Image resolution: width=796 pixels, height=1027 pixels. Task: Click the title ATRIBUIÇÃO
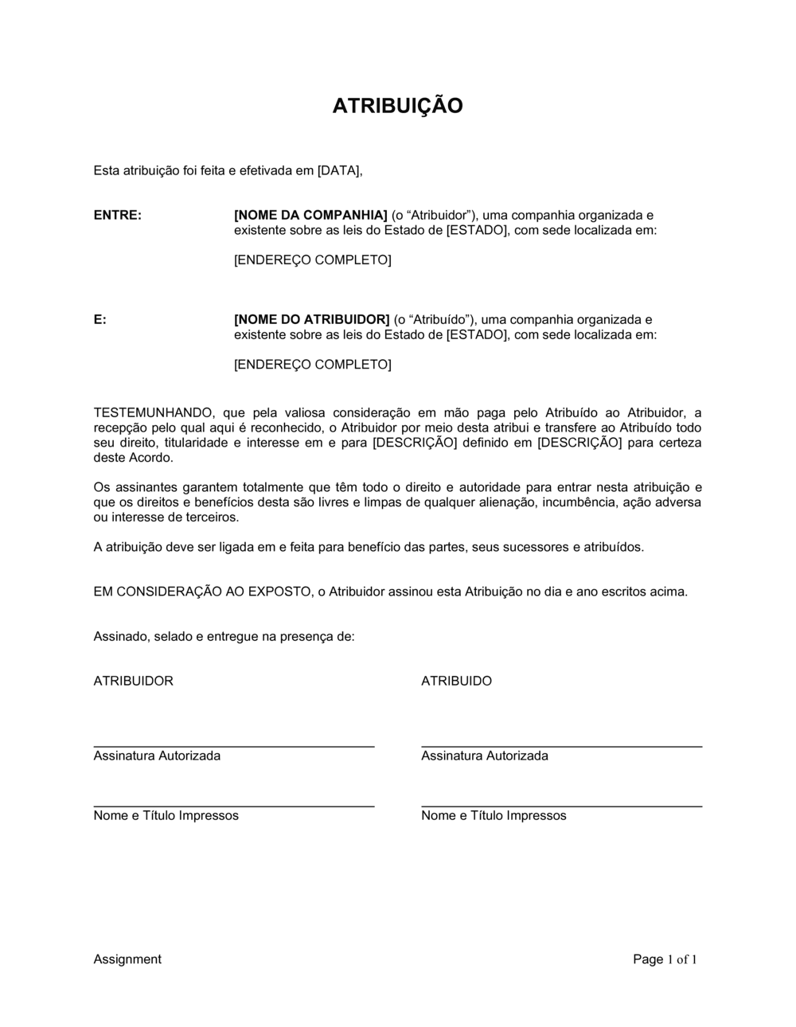(x=397, y=106)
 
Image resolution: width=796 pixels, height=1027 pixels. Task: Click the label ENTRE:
(x=117, y=215)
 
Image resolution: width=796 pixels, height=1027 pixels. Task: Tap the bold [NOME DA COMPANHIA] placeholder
(x=310, y=215)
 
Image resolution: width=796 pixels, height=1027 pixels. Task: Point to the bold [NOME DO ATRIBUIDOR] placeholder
(x=311, y=319)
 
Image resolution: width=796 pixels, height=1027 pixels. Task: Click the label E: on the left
(x=100, y=319)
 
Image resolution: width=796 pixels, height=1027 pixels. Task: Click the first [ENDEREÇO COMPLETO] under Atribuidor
(x=312, y=260)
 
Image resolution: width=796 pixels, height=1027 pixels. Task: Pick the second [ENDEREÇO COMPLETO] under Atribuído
(x=312, y=365)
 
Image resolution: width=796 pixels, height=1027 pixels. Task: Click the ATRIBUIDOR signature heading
(x=133, y=681)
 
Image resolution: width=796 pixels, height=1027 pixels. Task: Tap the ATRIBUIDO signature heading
(x=456, y=681)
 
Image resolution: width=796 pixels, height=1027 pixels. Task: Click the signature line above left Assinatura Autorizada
(x=234, y=746)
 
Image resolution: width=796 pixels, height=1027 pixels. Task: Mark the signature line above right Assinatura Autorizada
(x=561, y=746)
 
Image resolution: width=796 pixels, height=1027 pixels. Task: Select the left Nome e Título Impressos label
(x=166, y=815)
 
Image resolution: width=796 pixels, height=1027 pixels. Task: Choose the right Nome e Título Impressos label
(x=494, y=815)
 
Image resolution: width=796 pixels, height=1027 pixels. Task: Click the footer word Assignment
(x=127, y=959)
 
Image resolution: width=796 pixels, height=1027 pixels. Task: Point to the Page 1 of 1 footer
(x=665, y=959)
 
